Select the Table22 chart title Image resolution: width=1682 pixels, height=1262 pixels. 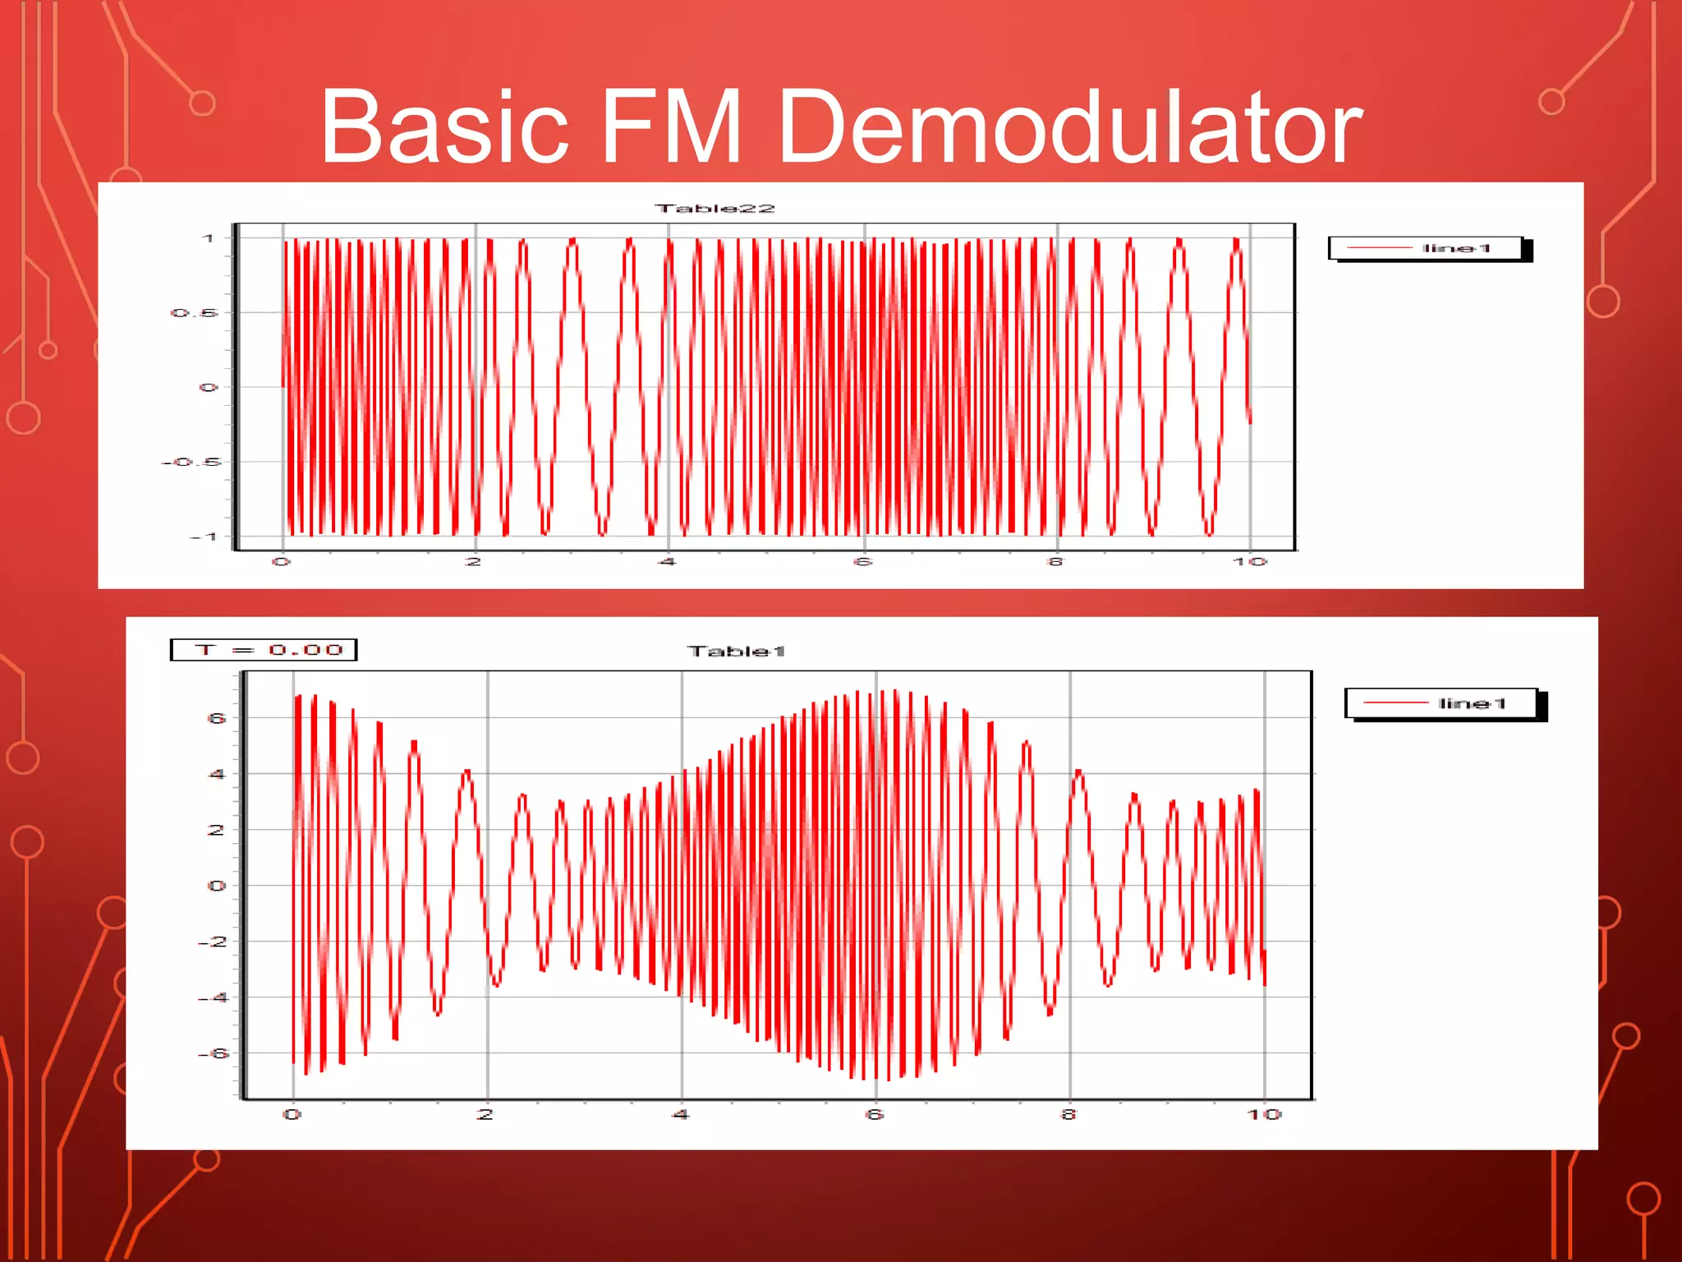pos(715,209)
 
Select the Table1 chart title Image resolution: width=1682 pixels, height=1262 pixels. pos(737,652)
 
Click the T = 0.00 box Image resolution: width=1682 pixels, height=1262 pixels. pos(264,650)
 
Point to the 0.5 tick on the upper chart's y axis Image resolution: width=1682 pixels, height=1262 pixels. pos(195,313)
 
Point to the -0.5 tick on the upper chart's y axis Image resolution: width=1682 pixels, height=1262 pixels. pos(191,462)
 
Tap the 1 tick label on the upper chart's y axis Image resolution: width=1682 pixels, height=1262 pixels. pos(209,238)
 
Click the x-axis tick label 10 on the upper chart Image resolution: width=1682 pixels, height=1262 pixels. pos(1249,562)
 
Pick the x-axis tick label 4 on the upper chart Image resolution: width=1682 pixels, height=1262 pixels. pos(667,562)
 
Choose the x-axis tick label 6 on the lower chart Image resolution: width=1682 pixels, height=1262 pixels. pos(875,1114)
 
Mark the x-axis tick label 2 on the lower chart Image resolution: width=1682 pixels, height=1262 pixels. pos(485,1114)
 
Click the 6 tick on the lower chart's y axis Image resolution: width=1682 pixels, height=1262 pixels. pos(216,718)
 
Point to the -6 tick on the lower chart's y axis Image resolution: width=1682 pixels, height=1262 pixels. pos(213,1053)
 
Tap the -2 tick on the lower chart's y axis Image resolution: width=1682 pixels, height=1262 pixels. pos(213,942)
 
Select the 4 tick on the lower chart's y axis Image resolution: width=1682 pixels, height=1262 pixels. pos(216,774)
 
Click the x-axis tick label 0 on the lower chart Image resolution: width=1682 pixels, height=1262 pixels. pos(292,1114)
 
